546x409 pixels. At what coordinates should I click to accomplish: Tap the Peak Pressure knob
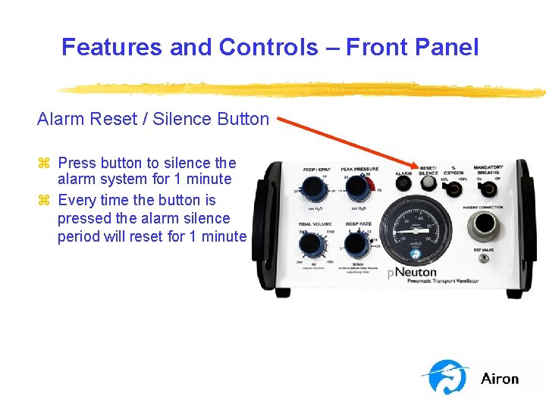(x=356, y=189)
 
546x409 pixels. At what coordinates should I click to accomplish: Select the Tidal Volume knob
(x=309, y=244)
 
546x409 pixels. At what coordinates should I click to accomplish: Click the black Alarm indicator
(x=404, y=188)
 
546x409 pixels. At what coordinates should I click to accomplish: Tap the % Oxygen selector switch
(x=454, y=189)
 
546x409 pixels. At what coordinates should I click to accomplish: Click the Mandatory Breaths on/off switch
(x=487, y=189)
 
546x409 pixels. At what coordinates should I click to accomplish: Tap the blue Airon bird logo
(x=447, y=377)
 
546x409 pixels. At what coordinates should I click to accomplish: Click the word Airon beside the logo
(x=500, y=379)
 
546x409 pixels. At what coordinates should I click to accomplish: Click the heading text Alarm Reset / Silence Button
(x=152, y=119)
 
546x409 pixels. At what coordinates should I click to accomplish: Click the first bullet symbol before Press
(x=43, y=163)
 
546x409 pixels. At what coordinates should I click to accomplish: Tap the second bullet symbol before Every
(x=43, y=201)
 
